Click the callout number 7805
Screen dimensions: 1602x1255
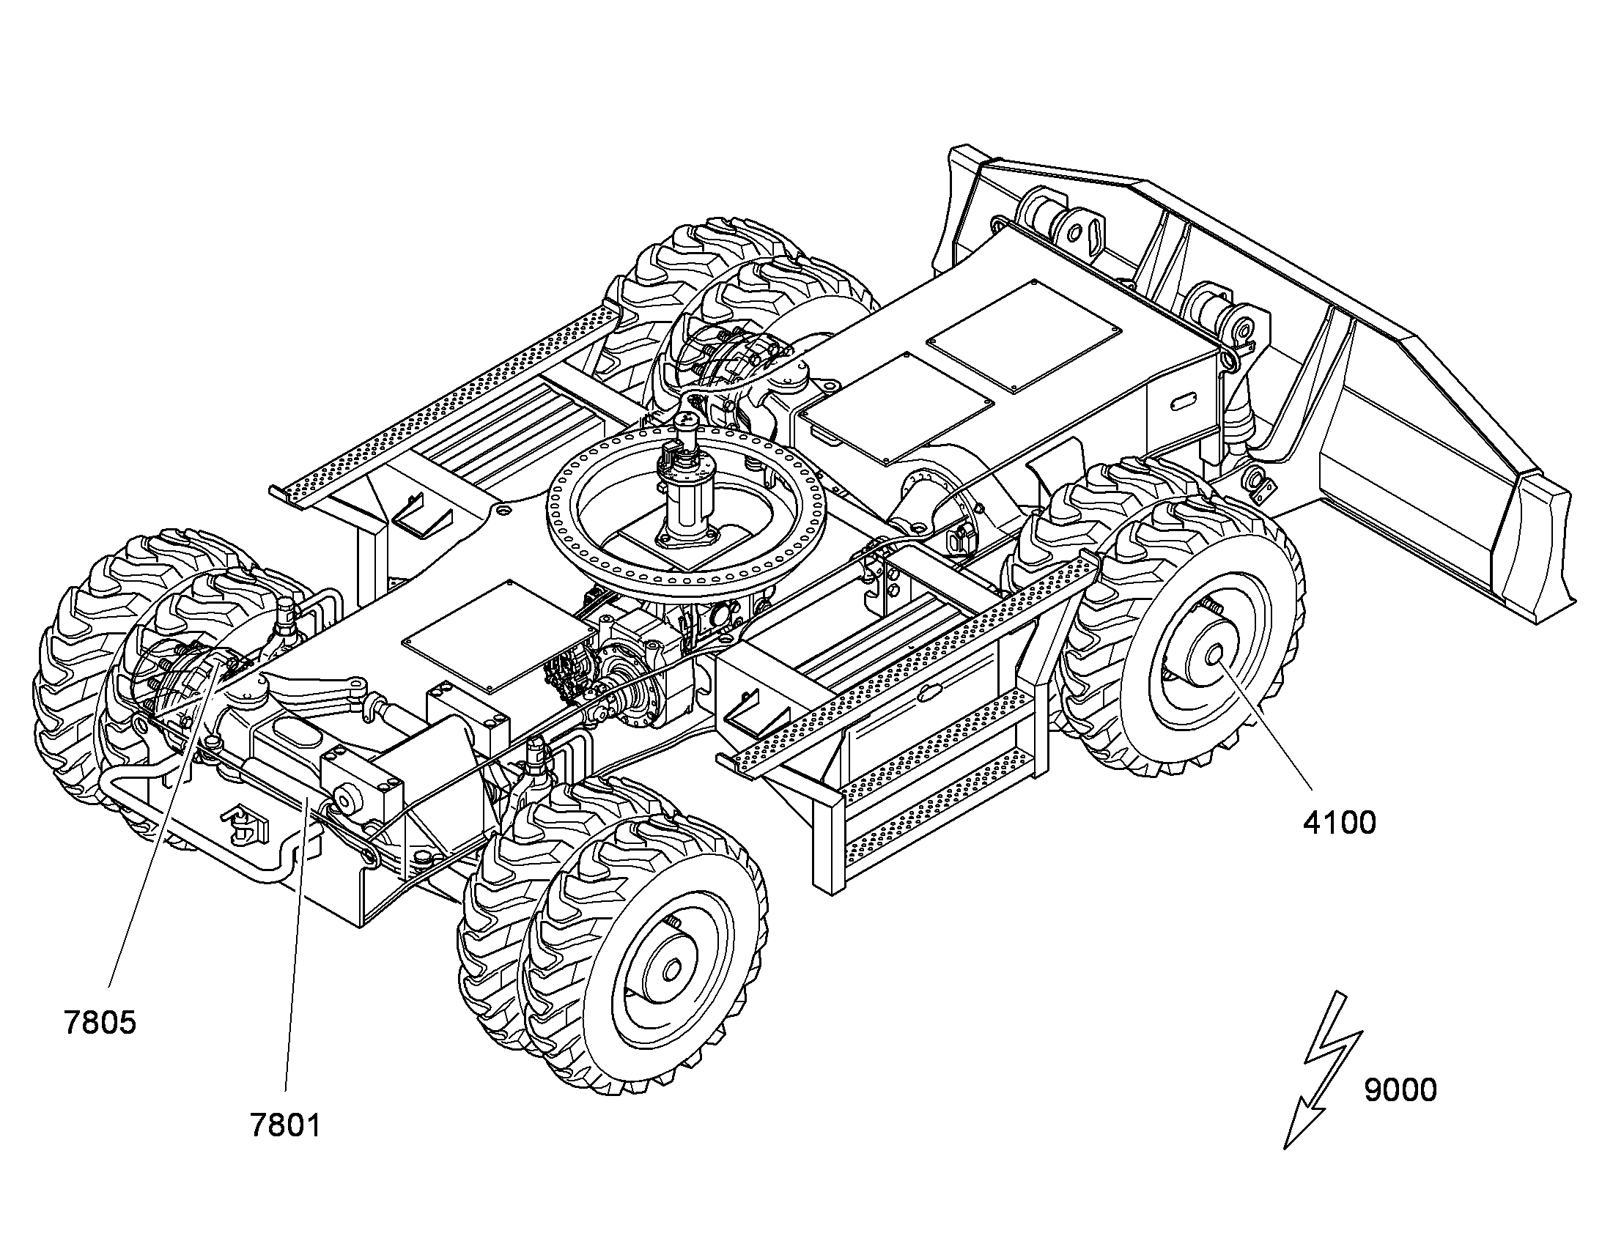click(100, 1023)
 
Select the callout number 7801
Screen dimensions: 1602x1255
click(286, 1125)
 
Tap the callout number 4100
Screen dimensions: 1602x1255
click(1340, 823)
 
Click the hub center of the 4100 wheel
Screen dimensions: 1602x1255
click(1214, 654)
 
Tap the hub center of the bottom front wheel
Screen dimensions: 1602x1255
click(672, 971)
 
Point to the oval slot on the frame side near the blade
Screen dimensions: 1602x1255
click(1184, 401)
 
